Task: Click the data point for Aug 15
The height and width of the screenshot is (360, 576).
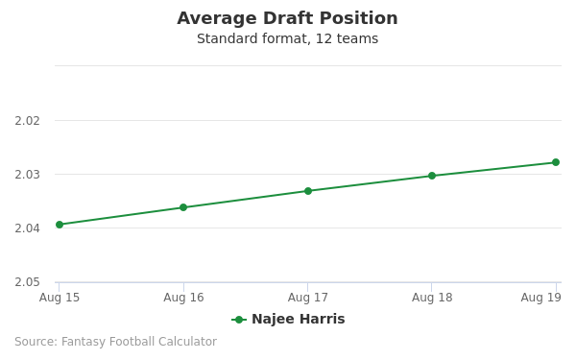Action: [60, 225]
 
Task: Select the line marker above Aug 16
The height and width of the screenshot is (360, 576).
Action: [183, 207]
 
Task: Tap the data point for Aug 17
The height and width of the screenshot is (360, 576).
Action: [308, 191]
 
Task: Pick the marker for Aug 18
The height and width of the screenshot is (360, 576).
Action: [432, 176]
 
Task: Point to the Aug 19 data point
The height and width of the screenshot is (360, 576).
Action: [555, 162]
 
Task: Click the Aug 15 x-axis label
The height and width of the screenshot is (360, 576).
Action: [60, 298]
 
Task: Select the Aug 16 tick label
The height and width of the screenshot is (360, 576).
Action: [183, 298]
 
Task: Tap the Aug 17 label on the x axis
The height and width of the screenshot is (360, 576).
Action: [308, 298]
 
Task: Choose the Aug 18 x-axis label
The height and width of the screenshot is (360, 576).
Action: [432, 298]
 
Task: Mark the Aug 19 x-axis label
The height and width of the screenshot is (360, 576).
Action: [541, 298]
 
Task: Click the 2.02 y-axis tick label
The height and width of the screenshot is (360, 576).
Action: [27, 121]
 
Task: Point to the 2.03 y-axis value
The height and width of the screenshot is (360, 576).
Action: [27, 175]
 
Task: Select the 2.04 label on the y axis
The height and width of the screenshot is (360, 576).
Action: [27, 228]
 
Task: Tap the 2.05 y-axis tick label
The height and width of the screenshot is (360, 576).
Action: [27, 282]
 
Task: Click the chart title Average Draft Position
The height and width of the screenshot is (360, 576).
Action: [287, 19]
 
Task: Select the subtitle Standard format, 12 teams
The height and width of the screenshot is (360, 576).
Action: [287, 39]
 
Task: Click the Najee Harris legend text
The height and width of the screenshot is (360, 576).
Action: [298, 320]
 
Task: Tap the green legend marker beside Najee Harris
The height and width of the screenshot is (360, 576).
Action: [239, 320]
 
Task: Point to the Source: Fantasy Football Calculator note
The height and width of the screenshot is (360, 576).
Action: [115, 342]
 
